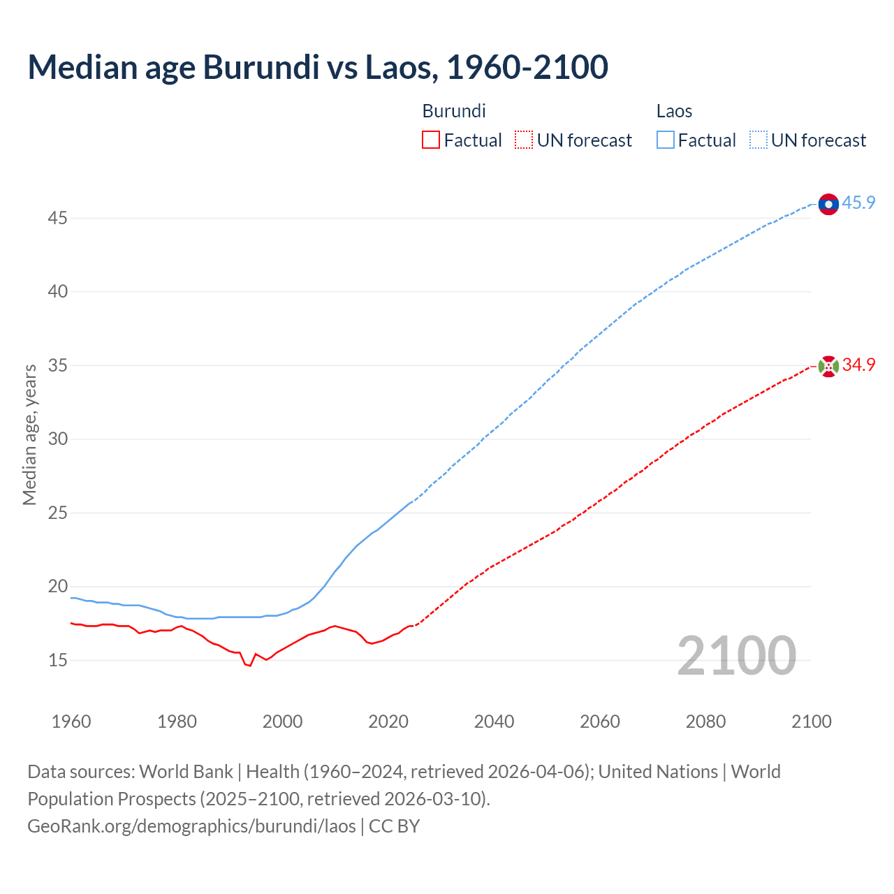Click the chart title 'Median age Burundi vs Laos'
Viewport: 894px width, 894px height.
coord(318,67)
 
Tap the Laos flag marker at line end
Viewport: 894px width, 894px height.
coord(828,204)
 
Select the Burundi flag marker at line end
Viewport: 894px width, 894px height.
coord(828,366)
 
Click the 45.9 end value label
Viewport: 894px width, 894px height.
coord(858,203)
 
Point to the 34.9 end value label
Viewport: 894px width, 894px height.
coord(858,365)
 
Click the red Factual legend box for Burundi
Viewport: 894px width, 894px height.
coord(431,140)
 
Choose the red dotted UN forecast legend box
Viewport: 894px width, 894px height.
coord(524,140)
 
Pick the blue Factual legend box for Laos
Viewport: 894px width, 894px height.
coord(666,140)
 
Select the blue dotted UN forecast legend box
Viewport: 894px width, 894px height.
coord(759,140)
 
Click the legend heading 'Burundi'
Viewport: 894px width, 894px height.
coord(454,111)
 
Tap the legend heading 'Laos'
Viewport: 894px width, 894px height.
coord(674,111)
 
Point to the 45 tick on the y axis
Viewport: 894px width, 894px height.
coord(57,219)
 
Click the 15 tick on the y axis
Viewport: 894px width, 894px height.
coord(57,660)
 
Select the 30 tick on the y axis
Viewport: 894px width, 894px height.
coord(57,439)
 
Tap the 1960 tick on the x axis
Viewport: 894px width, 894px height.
coord(71,721)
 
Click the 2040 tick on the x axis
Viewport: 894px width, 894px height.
coord(494,721)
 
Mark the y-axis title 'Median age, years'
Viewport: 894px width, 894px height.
coord(29,434)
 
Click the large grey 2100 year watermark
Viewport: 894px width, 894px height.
coord(736,656)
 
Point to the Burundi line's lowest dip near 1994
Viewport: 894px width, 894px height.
coord(249,666)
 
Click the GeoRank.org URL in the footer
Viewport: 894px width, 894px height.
coord(191,826)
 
